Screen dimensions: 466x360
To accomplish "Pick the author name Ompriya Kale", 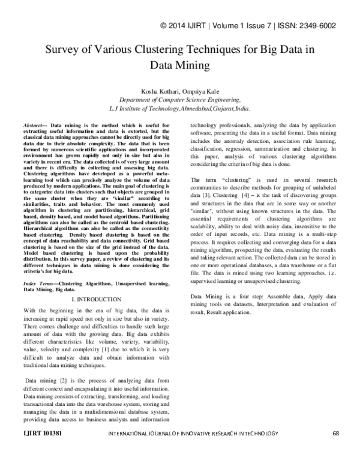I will tap(202, 91).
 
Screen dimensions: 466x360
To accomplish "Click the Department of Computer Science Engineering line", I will tap(180, 100).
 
